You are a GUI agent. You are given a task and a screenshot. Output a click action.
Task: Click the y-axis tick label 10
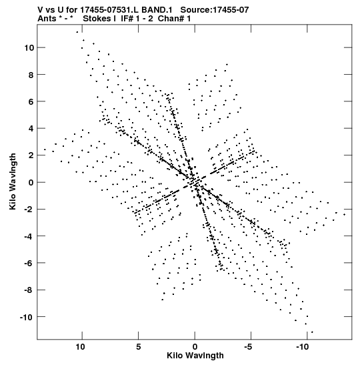pos(29,48)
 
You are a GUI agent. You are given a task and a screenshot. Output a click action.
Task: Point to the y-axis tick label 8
pos(31,75)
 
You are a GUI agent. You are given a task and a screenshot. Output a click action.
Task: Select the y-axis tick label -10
pos(27,317)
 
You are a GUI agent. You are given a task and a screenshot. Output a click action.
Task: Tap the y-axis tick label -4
pos(29,236)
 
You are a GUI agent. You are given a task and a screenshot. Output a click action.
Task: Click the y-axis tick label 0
pos(31,183)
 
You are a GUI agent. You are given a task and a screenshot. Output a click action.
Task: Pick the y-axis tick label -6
pos(29,263)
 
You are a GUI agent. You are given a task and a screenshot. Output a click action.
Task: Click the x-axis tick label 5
pos(139,347)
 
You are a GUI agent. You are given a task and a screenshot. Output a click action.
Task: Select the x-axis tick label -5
pos(249,347)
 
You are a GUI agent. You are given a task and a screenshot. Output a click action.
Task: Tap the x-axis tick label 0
pos(195,347)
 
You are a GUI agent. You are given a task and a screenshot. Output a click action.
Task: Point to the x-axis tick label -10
pos(302,347)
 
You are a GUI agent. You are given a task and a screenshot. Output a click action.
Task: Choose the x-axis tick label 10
pos(80,347)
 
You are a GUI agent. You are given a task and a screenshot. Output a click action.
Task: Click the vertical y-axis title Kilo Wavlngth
pos(13,181)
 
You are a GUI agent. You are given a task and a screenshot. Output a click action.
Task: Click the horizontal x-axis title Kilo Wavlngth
pos(195,356)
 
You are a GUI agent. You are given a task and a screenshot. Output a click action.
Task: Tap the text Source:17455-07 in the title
pos(215,10)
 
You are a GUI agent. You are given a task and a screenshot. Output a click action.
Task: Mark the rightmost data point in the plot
pos(345,215)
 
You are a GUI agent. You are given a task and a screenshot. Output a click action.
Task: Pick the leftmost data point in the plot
pos(45,149)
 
